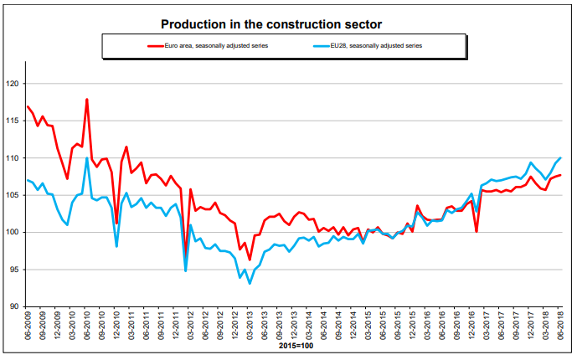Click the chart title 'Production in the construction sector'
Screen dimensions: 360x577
[288, 25]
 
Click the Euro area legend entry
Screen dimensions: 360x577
[208, 47]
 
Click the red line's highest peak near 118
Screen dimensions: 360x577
[87, 100]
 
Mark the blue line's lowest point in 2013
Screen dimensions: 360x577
[250, 284]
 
